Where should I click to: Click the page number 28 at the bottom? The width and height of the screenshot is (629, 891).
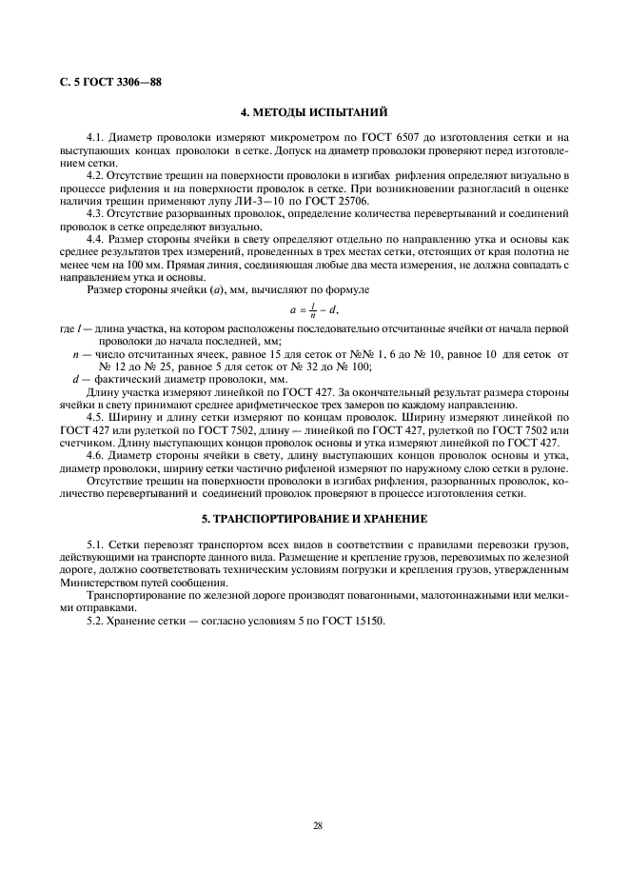[x=317, y=824]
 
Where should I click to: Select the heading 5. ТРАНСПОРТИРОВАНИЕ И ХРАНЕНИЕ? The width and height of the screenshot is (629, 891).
[x=314, y=520]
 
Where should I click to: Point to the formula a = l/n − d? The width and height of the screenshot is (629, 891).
[x=314, y=309]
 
